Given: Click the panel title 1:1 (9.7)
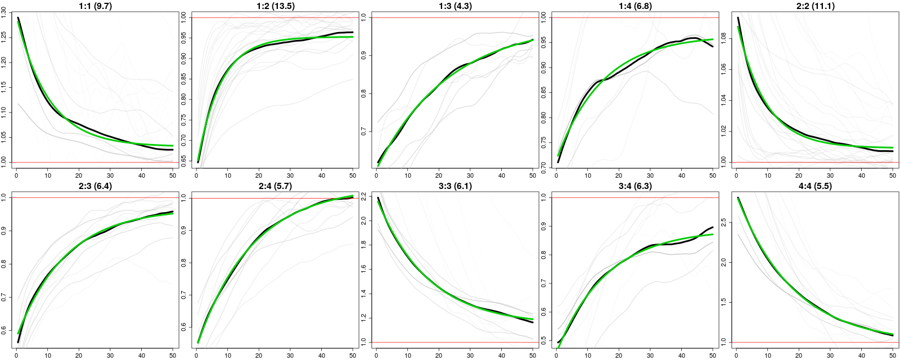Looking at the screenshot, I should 95,6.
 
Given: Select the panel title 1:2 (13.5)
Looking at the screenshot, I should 275,6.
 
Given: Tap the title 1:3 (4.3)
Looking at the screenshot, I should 455,6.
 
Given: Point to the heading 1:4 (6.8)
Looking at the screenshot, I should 635,6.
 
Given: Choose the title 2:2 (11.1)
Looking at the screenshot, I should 815,6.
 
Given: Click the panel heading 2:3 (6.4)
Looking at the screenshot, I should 95,186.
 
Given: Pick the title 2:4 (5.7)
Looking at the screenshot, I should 275,186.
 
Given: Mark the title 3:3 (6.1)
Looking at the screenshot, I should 455,186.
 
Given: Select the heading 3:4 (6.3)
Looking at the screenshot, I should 635,186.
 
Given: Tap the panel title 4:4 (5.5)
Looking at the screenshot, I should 815,186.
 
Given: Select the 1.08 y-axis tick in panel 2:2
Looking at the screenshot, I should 724,39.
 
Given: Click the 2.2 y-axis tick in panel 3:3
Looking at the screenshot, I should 364,196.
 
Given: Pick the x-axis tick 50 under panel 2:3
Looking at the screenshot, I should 173,355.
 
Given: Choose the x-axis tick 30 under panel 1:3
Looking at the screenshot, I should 470,175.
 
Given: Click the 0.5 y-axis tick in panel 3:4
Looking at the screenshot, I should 544,340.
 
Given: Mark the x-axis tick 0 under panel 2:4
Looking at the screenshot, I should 196,355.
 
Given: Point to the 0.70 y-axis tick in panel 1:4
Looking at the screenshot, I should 544,165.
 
